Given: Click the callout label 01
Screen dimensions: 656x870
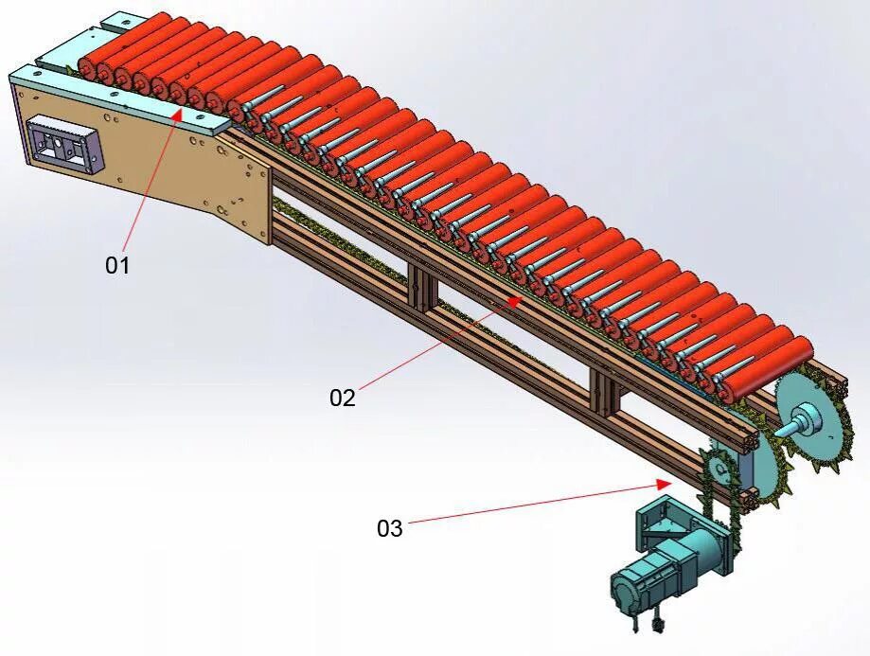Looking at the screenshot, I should tap(116, 266).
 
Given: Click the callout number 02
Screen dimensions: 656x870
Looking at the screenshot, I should tap(342, 399).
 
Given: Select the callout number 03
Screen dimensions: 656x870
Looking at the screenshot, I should tap(390, 528).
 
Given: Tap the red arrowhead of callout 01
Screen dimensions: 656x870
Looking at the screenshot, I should tap(180, 114).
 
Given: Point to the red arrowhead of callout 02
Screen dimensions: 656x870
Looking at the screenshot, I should tap(516, 300).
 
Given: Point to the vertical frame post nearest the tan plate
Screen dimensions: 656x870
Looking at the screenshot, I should tap(421, 285).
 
